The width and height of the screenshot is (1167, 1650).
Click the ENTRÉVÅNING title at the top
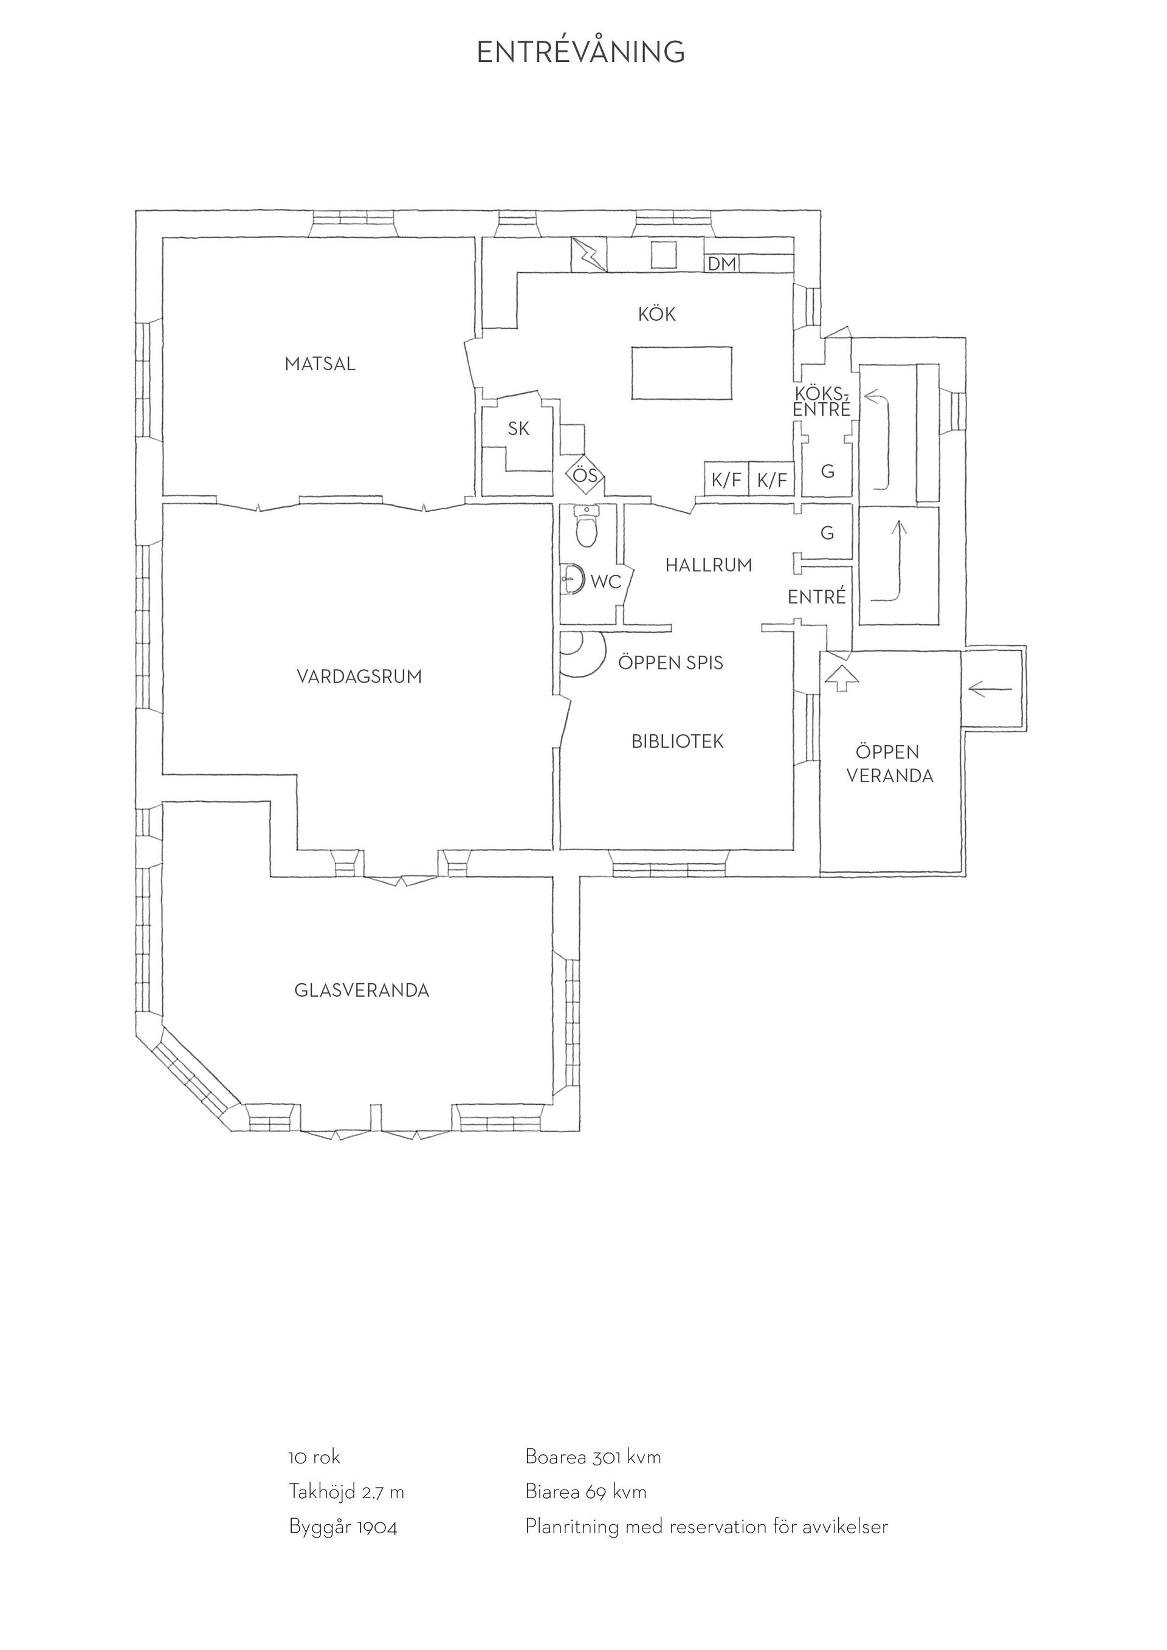pyautogui.click(x=580, y=52)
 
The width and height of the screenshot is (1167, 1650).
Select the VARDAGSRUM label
pyautogui.click(x=359, y=676)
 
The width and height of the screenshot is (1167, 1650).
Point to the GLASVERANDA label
pyautogui.click(x=362, y=990)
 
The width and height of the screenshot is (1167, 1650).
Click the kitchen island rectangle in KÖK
pyautogui.click(x=681, y=373)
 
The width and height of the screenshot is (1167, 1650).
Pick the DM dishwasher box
pyautogui.click(x=722, y=264)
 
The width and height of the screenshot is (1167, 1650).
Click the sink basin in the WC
pyautogui.click(x=572, y=579)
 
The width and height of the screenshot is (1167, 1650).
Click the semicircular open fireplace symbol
pyautogui.click(x=579, y=654)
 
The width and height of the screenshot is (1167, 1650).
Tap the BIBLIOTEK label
pyautogui.click(x=678, y=741)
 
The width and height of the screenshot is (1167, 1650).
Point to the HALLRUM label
pyautogui.click(x=709, y=566)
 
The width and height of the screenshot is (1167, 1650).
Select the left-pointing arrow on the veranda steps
pyautogui.click(x=990, y=690)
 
